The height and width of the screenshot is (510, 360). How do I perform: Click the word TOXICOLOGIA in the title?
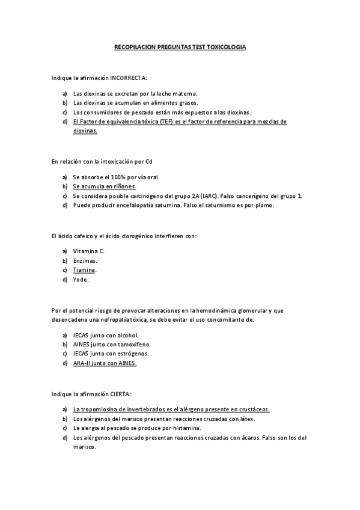click(225, 46)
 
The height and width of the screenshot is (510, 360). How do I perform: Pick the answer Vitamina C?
click(88, 251)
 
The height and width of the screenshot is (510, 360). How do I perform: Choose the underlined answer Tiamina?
click(84, 270)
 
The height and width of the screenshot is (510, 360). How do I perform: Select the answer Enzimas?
click(85, 260)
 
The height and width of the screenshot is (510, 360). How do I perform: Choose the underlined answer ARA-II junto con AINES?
click(105, 363)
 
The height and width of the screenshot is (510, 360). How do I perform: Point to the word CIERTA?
click(120, 393)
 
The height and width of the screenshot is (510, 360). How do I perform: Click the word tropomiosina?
click(103, 409)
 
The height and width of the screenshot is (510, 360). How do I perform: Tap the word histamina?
click(183, 428)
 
